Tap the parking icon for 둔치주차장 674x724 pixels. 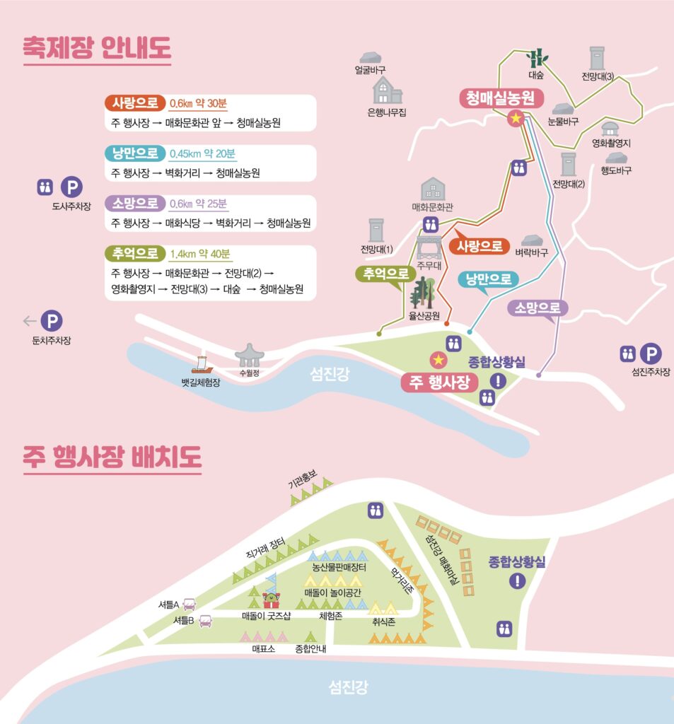(51, 322)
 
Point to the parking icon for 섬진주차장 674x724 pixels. (651, 354)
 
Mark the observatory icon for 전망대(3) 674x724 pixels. (598, 58)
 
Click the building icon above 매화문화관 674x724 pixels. (432, 189)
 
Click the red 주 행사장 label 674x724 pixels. (440, 382)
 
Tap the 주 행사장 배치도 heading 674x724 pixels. (112, 457)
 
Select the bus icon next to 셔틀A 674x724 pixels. (189, 605)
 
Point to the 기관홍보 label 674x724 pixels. (305, 483)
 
